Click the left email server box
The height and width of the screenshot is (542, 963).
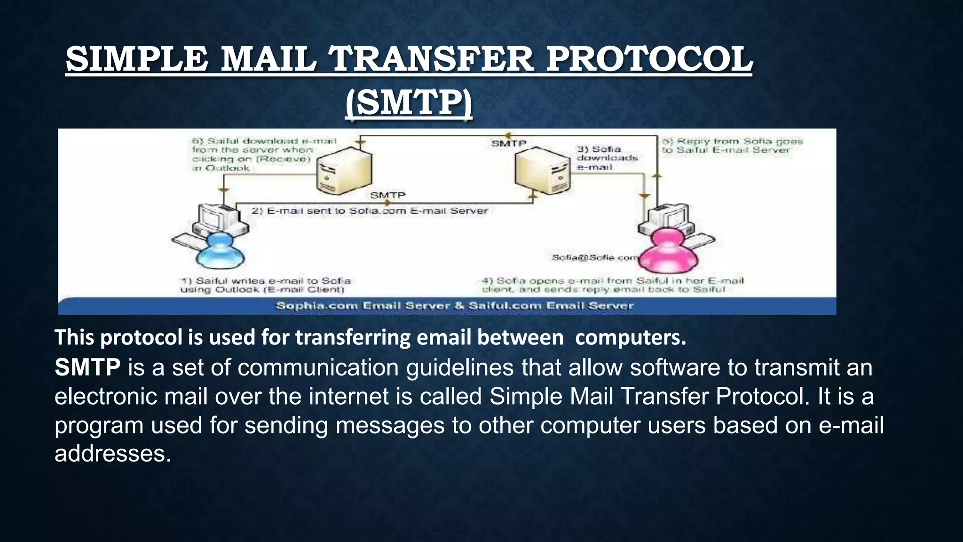click(x=344, y=170)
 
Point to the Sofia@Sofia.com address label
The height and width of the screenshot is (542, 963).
click(x=595, y=257)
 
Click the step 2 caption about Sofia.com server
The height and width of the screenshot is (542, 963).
click(x=370, y=211)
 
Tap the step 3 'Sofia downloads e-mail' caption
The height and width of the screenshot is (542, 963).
click(x=607, y=158)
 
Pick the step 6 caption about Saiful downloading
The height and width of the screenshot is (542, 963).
click(x=263, y=154)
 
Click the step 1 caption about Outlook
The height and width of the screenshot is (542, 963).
click(x=265, y=285)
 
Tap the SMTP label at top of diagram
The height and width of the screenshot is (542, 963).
click(x=508, y=143)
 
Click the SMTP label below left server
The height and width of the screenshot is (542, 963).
click(x=387, y=195)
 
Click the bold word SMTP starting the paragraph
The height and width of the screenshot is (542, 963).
click(x=87, y=367)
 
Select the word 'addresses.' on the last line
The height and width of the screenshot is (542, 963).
click(x=113, y=454)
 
